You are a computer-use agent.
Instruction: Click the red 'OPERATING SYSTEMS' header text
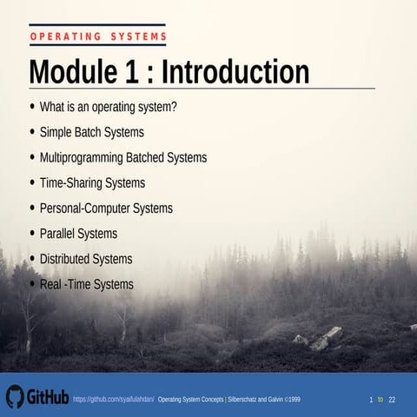coord(97,36)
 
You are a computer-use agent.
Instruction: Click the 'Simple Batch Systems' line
coord(92,133)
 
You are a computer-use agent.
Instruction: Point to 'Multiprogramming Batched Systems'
coord(123,158)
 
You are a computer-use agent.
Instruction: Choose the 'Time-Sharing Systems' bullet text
coord(92,183)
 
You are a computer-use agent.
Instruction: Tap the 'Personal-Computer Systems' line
coord(106,208)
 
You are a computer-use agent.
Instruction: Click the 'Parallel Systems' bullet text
coord(78,234)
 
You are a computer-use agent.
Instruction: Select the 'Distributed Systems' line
coord(86,259)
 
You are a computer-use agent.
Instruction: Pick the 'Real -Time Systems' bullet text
coord(87,284)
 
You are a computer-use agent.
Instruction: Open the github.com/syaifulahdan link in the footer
coord(114,399)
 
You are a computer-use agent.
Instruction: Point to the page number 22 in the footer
coord(392,399)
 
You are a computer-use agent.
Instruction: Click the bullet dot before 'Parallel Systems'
coord(33,234)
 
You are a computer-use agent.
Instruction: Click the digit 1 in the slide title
coord(127,71)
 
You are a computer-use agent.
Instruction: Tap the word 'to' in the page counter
coord(381,399)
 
